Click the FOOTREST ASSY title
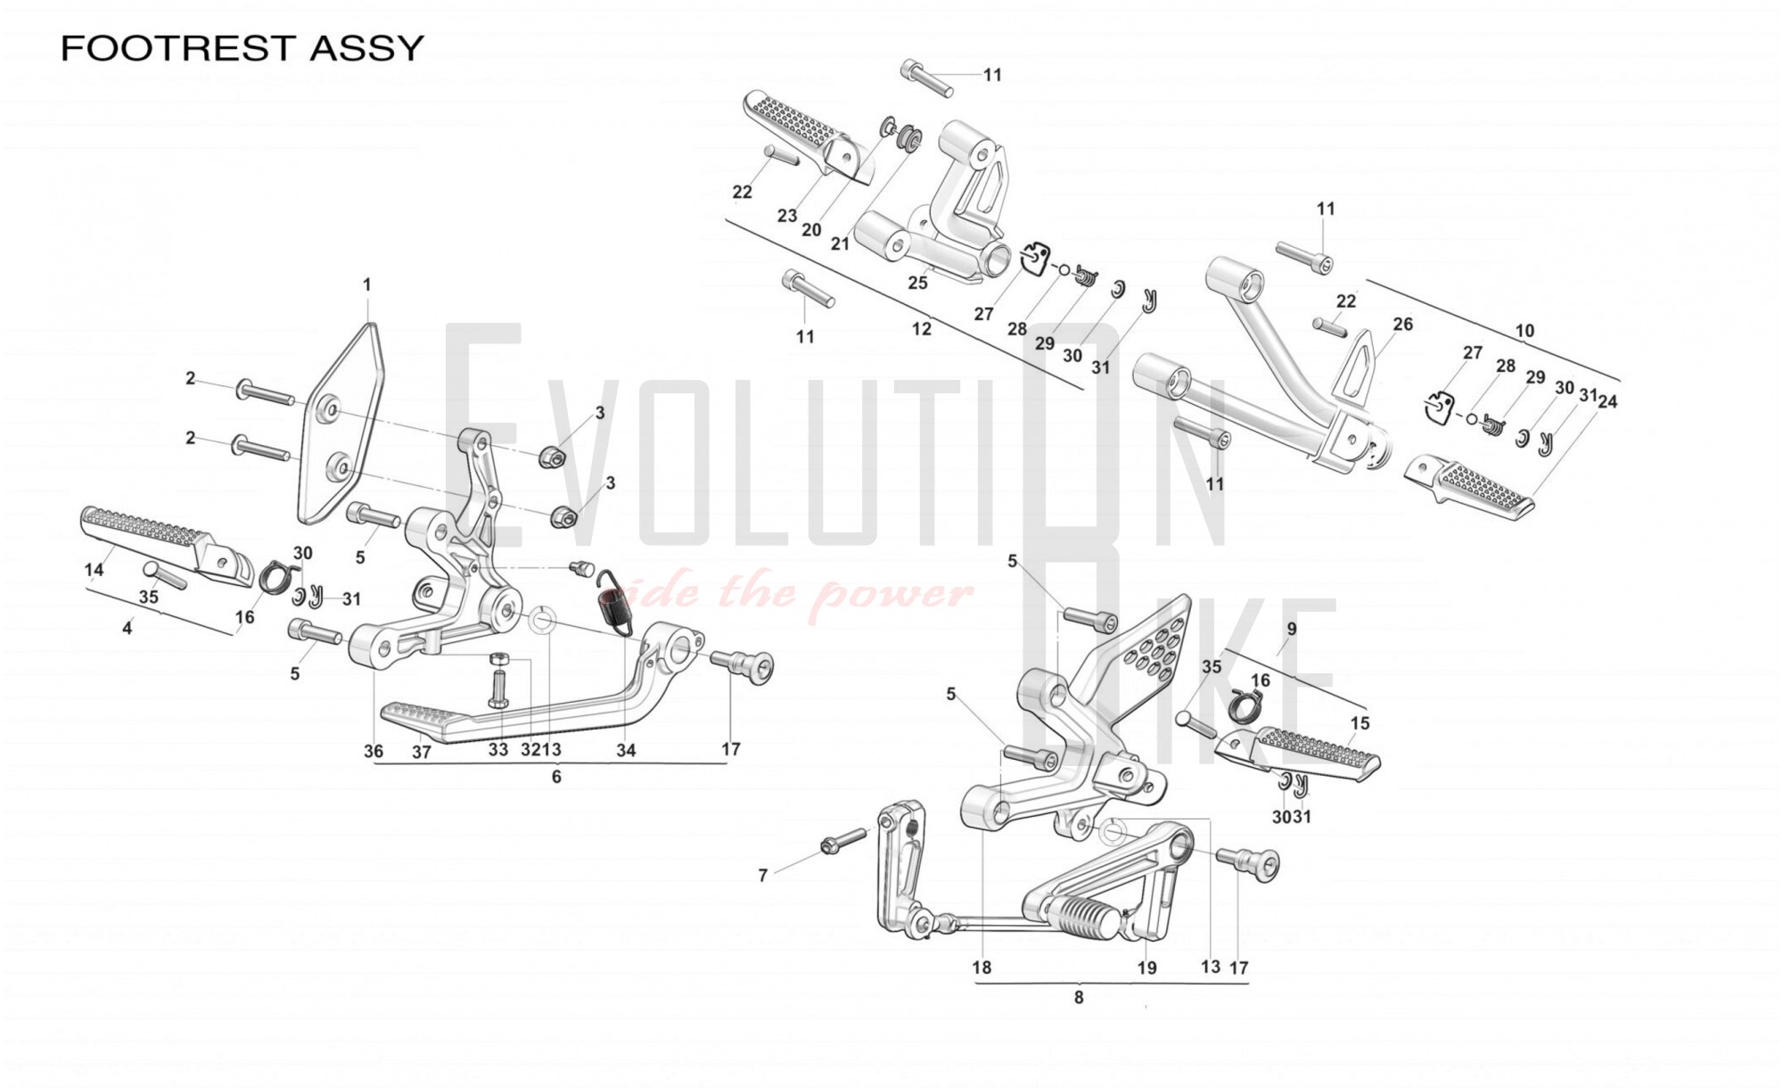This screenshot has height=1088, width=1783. click(x=242, y=47)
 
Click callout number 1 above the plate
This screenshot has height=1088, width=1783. click(x=366, y=284)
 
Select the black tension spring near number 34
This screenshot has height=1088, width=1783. click(x=615, y=602)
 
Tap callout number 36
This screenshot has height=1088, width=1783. click(x=374, y=751)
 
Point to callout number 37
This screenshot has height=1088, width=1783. click(x=422, y=752)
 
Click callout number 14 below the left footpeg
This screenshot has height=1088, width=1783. click(x=94, y=571)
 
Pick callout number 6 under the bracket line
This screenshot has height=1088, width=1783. click(x=556, y=777)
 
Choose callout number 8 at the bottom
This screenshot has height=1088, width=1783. click(x=1079, y=997)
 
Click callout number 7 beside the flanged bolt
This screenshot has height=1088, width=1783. click(x=762, y=876)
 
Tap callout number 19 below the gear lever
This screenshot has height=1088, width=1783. click(x=1146, y=968)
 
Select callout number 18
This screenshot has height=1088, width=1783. click(x=982, y=968)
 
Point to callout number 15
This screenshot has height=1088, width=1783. click(x=1360, y=723)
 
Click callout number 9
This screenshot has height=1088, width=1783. click(x=1291, y=629)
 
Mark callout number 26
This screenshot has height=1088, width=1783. click(x=1402, y=324)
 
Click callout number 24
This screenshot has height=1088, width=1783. click(x=1607, y=402)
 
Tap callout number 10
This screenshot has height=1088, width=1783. click(x=1524, y=331)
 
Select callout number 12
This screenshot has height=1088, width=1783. click(x=921, y=329)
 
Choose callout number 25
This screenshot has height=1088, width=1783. click(x=917, y=283)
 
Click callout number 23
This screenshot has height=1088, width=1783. click(x=786, y=216)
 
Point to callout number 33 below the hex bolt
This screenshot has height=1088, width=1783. click(x=498, y=750)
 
